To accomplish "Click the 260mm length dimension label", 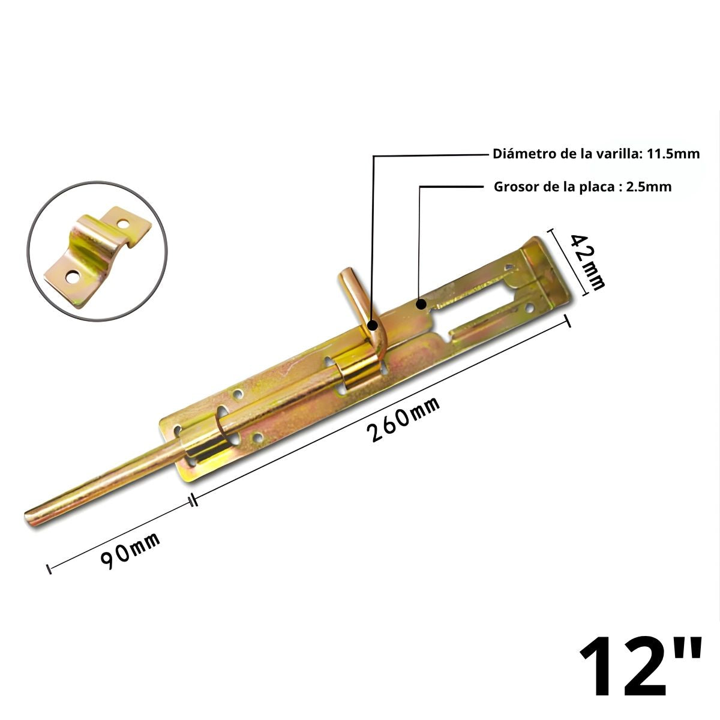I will click(x=405, y=419).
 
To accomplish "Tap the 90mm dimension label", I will click(x=130, y=550).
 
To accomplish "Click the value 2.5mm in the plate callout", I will click(x=649, y=187).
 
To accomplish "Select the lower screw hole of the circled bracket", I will click(x=73, y=277).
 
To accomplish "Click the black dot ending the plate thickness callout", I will click(x=421, y=304).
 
